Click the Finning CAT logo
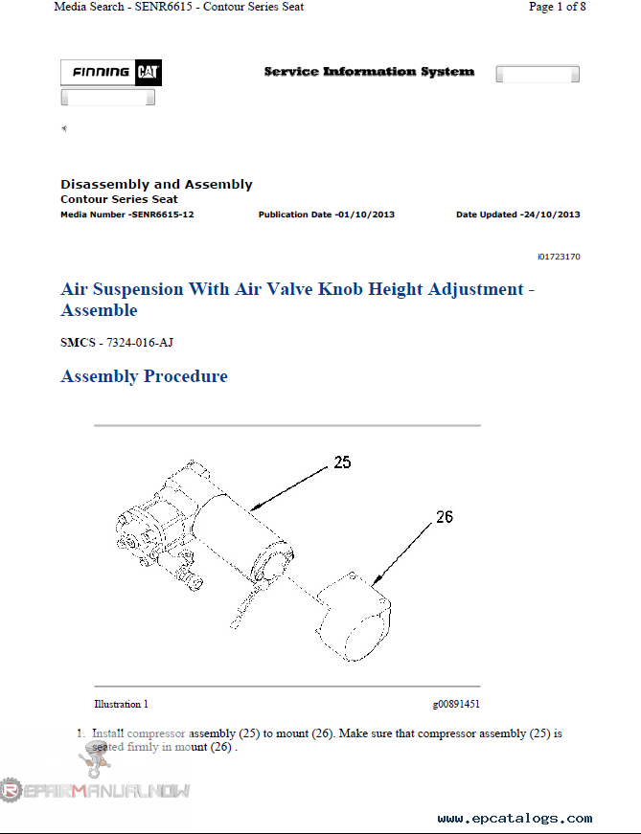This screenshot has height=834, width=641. point(111,73)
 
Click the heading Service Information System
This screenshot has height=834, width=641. point(369,72)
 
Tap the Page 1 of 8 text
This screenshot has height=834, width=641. point(557,7)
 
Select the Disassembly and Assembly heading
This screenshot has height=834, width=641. point(156,184)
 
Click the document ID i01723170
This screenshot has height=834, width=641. point(559,257)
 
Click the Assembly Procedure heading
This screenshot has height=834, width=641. point(144,376)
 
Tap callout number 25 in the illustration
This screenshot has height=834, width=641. point(342,462)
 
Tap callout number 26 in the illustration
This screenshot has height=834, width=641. point(444,517)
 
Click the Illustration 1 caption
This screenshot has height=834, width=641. point(121,705)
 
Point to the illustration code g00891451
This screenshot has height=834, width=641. point(456,705)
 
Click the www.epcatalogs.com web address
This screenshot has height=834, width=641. point(515,819)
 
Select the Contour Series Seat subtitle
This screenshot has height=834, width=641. point(119,199)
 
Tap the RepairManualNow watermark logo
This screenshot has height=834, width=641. point(96,790)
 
